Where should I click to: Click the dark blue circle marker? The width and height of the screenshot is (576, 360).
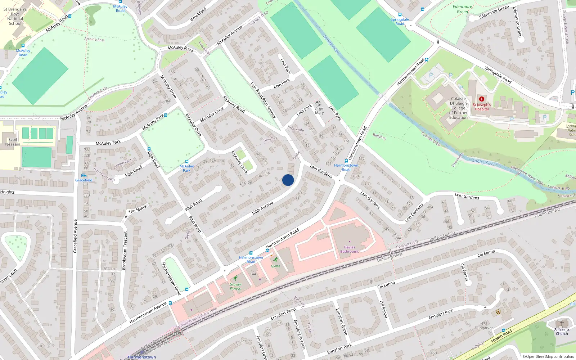pyautogui.click(x=288, y=180)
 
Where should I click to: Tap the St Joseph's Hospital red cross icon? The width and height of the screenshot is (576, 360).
pyautogui.click(x=481, y=99)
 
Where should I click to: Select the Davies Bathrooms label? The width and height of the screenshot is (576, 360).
pyautogui.click(x=349, y=249)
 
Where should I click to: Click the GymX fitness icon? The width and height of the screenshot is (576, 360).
pyautogui.click(x=275, y=260)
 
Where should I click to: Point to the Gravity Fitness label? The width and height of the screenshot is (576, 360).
pyautogui.click(x=235, y=286)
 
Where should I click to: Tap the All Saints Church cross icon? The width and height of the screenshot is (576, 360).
pyautogui.click(x=562, y=323)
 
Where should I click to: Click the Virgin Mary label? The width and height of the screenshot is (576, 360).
pyautogui.click(x=319, y=110)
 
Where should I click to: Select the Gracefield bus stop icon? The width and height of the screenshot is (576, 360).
pyautogui.click(x=84, y=175)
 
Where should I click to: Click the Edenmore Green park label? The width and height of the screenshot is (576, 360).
pyautogui.click(x=462, y=9)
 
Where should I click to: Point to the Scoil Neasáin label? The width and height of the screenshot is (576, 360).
pyautogui.click(x=13, y=142)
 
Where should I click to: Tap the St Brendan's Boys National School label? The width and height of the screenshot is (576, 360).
pyautogui.click(x=15, y=16)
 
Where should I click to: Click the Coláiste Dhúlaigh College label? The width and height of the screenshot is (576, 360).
pyautogui.click(x=458, y=108)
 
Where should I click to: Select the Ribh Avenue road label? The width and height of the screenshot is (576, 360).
pyautogui.click(x=262, y=208)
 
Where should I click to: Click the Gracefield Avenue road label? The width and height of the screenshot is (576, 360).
pyautogui.click(x=75, y=236)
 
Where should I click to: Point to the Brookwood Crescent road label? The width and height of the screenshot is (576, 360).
pyautogui.click(x=125, y=250)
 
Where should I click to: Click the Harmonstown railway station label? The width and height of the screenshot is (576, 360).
pyautogui.click(x=142, y=357)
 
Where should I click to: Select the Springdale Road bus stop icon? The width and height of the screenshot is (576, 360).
pyautogui.click(x=400, y=15)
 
